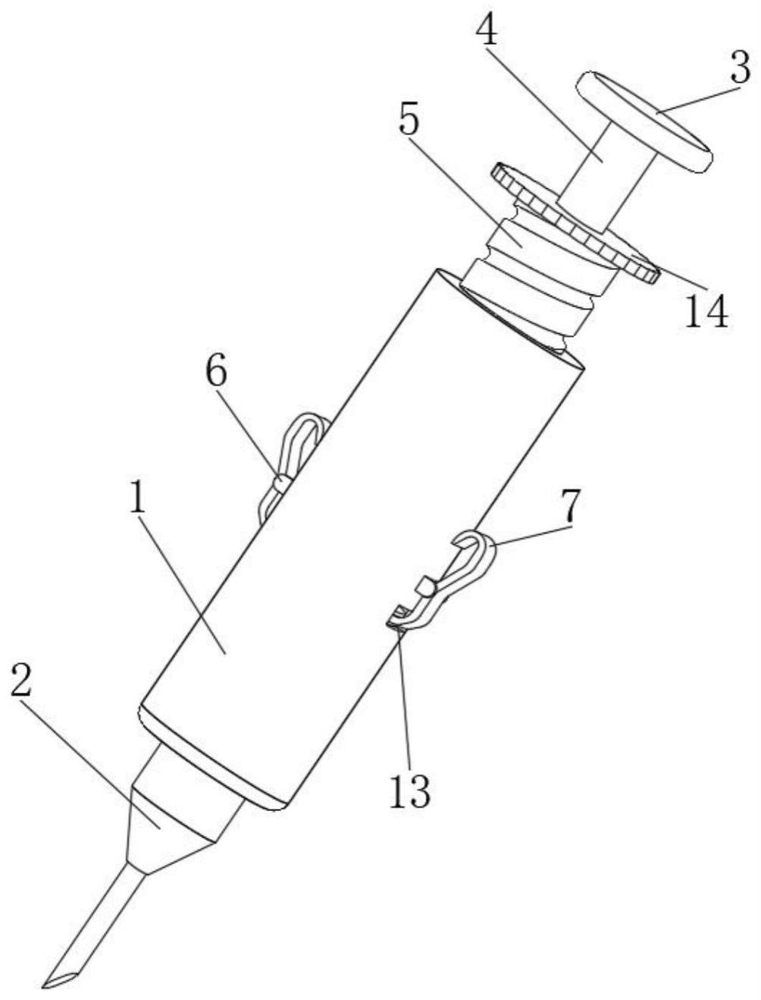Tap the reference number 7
click(x=568, y=506)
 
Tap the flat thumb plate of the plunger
click(x=644, y=121)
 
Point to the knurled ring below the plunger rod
click(x=575, y=222)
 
